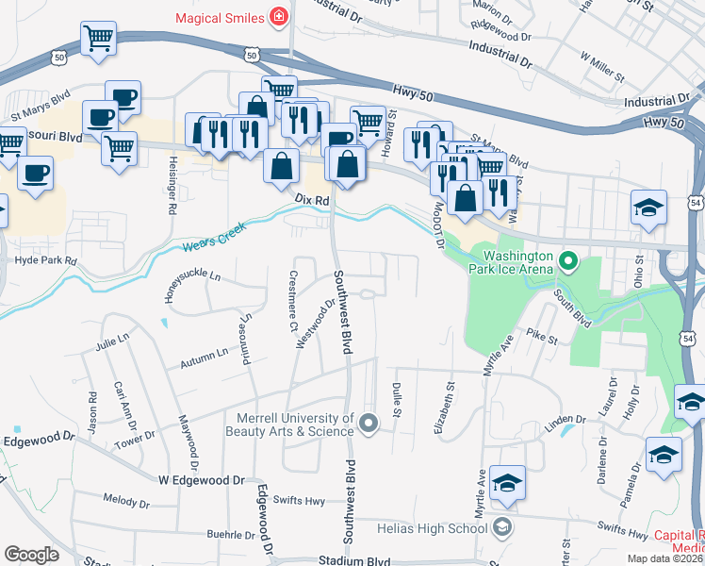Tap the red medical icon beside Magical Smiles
tap(278, 17)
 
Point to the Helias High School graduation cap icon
tap(503, 526)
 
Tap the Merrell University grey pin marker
tap(369, 423)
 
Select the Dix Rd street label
tap(311, 201)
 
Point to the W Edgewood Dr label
tap(201, 479)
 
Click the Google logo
tap(31, 555)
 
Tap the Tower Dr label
tap(135, 438)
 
